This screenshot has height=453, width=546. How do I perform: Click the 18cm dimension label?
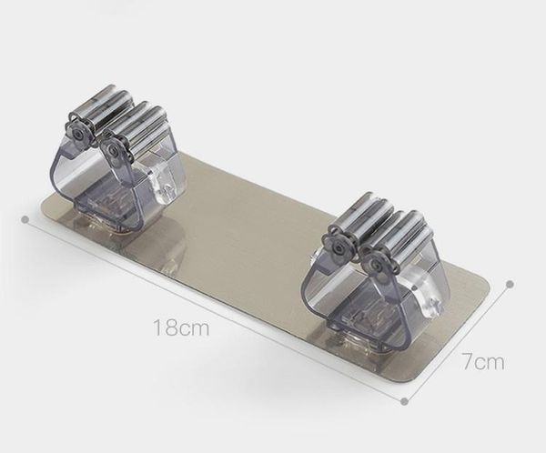[181, 327]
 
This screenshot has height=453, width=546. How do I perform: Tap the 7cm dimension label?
[483, 362]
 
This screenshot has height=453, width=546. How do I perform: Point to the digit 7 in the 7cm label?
[468, 362]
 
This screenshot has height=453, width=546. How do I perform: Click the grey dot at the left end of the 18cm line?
[25, 219]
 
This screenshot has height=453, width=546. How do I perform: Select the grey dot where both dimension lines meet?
[404, 401]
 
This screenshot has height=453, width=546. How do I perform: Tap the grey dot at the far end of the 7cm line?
[511, 284]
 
